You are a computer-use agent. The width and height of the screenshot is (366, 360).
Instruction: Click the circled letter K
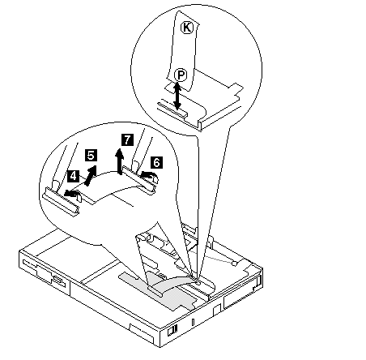point(187,28)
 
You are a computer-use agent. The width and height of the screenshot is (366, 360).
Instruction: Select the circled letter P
point(181,75)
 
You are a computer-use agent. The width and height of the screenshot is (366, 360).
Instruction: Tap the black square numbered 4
point(73,176)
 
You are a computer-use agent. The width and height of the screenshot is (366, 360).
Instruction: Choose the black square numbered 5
point(91,155)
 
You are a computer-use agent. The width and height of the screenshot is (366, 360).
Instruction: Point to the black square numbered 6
point(156,162)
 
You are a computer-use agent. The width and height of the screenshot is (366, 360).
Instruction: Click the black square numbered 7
point(127,139)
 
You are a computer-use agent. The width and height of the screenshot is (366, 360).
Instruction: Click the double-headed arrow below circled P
point(177,96)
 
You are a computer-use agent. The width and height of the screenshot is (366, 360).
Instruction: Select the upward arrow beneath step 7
point(120,161)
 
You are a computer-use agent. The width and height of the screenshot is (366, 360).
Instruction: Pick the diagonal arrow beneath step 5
point(91,175)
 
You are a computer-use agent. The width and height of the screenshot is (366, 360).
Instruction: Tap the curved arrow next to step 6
point(149,175)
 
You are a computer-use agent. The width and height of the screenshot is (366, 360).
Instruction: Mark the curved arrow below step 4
point(71,192)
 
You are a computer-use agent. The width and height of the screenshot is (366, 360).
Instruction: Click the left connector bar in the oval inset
point(62,201)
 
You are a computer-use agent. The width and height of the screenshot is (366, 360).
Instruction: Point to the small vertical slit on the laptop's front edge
point(193,322)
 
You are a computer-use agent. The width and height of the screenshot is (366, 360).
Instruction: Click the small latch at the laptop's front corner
point(172,331)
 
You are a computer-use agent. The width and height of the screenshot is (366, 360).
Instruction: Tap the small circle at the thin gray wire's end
point(234,263)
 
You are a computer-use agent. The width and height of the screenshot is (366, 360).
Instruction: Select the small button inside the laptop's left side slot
point(57,279)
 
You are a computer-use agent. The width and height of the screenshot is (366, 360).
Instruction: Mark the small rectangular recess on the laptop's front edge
point(217,310)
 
